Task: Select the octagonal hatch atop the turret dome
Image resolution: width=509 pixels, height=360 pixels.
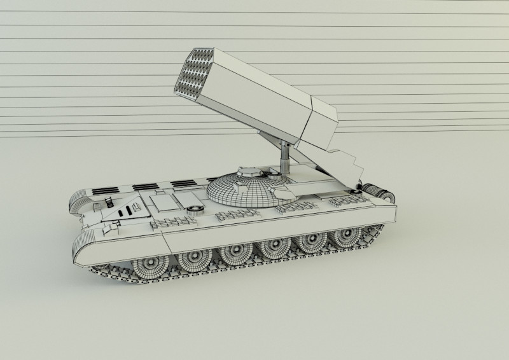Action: [x=246, y=171]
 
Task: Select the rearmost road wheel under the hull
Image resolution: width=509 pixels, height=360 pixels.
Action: [x=346, y=237]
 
